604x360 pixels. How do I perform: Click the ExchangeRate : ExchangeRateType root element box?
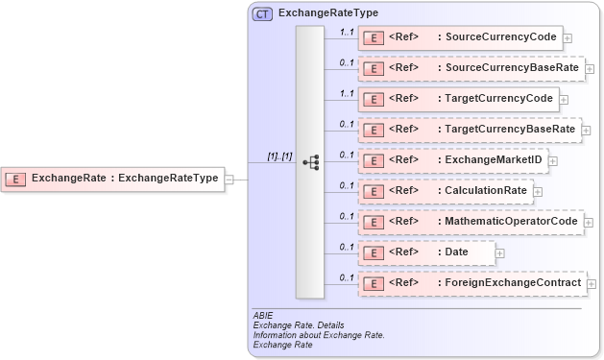(113, 178)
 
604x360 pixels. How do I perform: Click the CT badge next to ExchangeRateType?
(261, 14)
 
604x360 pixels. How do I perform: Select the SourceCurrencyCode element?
(459, 37)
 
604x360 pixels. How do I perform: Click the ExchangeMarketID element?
(453, 160)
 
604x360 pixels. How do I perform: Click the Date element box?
(426, 252)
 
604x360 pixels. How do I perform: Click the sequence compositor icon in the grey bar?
(310, 162)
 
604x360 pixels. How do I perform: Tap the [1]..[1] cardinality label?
(280, 156)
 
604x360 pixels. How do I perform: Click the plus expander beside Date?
(500, 253)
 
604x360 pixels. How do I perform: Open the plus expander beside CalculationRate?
(538, 192)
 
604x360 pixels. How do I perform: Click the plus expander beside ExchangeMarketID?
(553, 161)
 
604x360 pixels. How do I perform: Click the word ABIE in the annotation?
(262, 315)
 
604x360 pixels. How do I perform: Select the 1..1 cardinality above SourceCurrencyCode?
(346, 32)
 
